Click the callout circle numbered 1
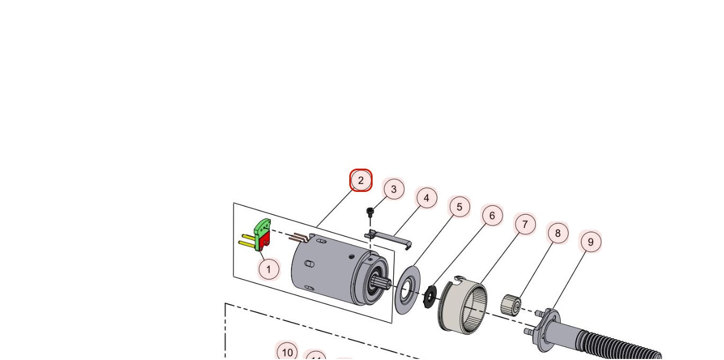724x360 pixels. coord(269,269)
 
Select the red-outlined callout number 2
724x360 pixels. coord(361,180)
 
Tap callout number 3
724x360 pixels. coord(394,189)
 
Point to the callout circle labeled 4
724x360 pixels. coord(427,198)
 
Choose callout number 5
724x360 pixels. coord(460,207)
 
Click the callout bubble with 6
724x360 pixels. coord(492,216)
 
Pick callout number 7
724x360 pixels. coord(525,225)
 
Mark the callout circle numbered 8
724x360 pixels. coord(558,233)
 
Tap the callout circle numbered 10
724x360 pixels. coord(287,353)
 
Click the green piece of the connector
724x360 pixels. coord(262,228)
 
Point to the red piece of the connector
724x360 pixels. coord(264,241)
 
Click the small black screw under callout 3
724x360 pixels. coord(370,212)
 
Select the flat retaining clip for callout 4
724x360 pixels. coord(390,237)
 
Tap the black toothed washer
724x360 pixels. coord(430,295)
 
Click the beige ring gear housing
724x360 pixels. coord(461,305)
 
